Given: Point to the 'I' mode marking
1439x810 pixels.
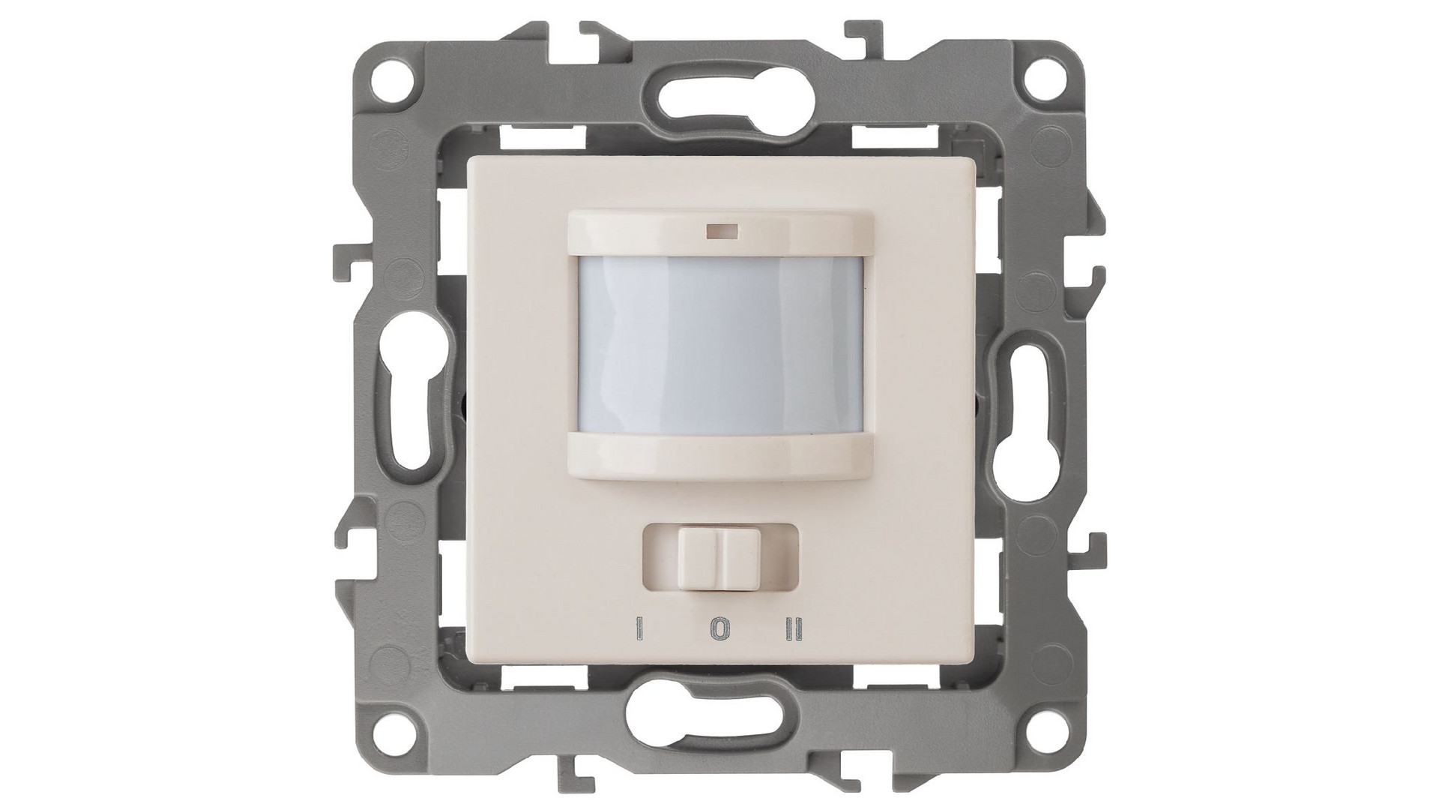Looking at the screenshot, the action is [640, 630].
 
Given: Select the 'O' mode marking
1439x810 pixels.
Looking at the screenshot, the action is [718, 630].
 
